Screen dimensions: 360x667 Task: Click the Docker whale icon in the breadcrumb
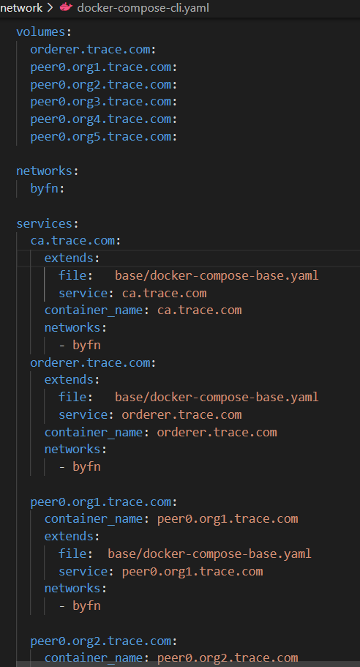click(x=66, y=7)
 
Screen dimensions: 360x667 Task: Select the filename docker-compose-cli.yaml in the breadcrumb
click(x=143, y=7)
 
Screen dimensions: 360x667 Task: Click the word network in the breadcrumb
click(x=21, y=7)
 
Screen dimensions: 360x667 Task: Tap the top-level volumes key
click(x=41, y=32)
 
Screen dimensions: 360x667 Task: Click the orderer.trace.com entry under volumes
click(x=90, y=49)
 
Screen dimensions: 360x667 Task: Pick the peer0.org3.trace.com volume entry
click(x=101, y=102)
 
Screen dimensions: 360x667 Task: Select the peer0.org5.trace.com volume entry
click(x=101, y=137)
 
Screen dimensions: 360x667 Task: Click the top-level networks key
click(x=44, y=171)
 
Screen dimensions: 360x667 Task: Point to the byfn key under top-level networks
click(x=44, y=189)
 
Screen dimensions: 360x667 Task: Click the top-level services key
click(x=44, y=223)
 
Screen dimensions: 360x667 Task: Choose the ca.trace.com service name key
click(x=72, y=241)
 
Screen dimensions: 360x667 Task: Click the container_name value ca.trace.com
click(x=199, y=310)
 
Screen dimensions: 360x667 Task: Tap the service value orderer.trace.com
click(x=181, y=414)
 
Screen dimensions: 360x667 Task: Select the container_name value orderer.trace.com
click(x=217, y=433)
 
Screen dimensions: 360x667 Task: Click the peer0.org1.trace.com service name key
click(x=101, y=502)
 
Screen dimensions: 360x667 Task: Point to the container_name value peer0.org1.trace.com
click(x=228, y=519)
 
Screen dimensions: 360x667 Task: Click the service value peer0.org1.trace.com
click(x=192, y=572)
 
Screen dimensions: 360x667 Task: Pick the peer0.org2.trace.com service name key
click(x=101, y=641)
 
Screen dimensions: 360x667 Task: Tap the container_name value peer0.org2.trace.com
click(x=228, y=658)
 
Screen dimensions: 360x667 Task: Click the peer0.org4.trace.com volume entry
click(x=101, y=119)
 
